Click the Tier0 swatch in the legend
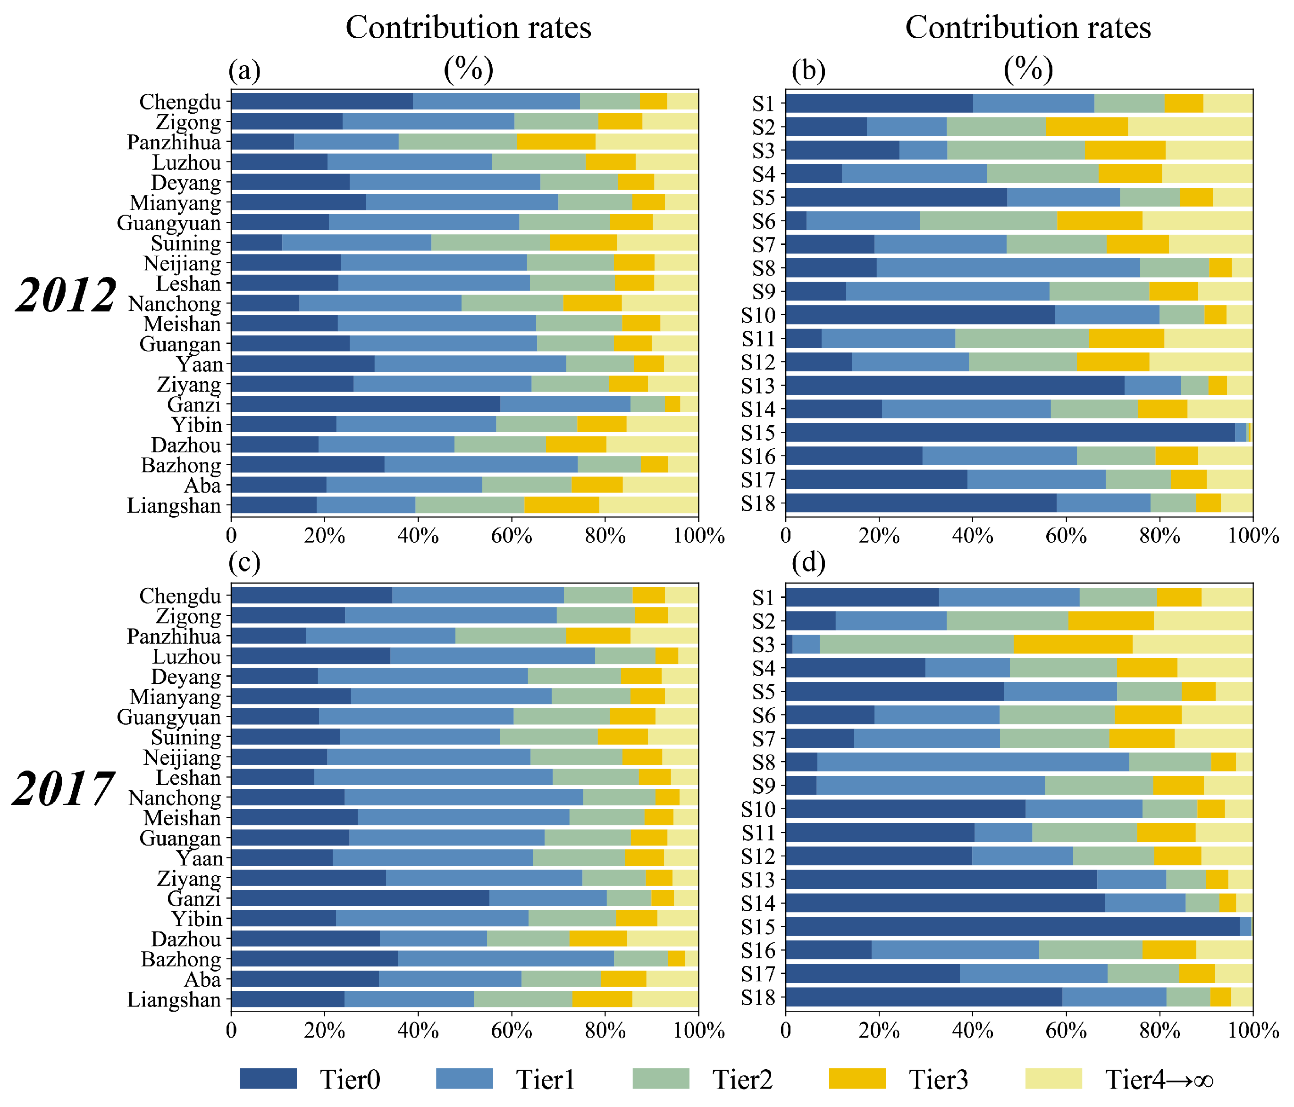(268, 1078)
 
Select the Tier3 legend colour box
(857, 1078)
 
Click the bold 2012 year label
(66, 295)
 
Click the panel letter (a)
(244, 71)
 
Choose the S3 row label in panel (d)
(763, 645)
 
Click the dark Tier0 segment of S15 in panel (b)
(1008, 432)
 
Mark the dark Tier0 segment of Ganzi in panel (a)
(365, 404)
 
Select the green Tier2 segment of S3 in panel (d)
(916, 645)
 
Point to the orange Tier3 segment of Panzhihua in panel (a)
(556, 142)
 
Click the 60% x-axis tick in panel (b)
(1066, 535)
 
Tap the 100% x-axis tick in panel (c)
(698, 1030)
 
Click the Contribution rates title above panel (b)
(1028, 28)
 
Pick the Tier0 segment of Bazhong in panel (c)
(314, 959)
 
